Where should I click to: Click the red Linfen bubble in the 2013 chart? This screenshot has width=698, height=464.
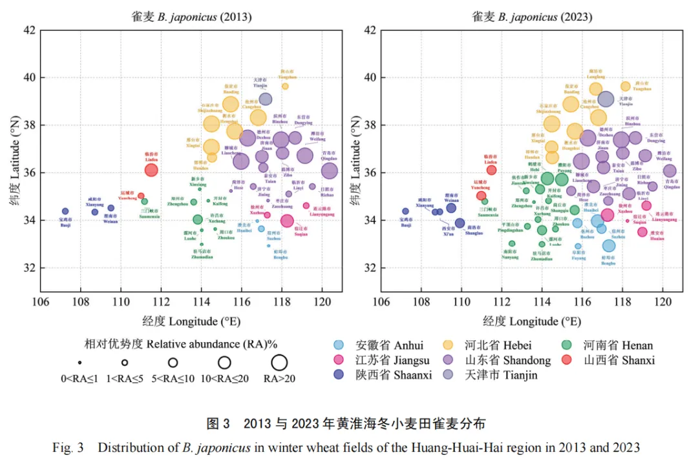pyautogui.click(x=151, y=170)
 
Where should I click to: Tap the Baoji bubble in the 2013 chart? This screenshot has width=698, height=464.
pyautogui.click(x=65, y=211)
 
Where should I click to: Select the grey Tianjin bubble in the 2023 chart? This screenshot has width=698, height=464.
pyautogui.click(x=606, y=99)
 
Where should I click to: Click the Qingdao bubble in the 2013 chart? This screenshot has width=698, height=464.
pyautogui.click(x=330, y=170)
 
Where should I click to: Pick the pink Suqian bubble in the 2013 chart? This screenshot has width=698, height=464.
pyautogui.click(x=287, y=221)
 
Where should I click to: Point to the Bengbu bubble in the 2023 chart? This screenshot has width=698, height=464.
pyautogui.click(x=609, y=245)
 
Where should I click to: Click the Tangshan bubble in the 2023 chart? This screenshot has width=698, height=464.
pyautogui.click(x=626, y=86)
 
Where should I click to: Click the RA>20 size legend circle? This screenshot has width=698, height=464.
pyautogui.click(x=279, y=363)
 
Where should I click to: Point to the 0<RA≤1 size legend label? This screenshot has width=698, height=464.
pyautogui.click(x=79, y=379)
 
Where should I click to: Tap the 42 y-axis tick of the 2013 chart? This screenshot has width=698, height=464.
pyautogui.click(x=29, y=30)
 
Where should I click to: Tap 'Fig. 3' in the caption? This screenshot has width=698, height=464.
pyautogui.click(x=69, y=447)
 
